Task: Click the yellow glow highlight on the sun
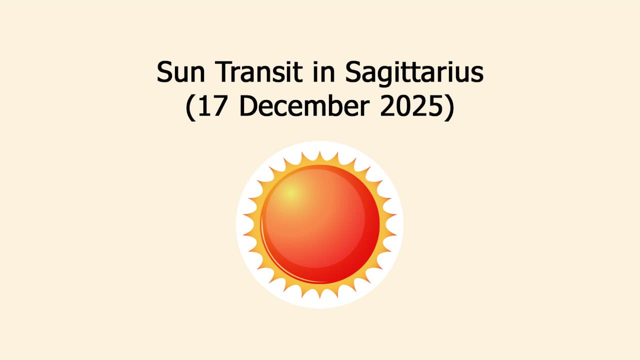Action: [x=291, y=192]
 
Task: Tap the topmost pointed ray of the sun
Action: [x=319, y=152]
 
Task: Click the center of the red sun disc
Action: [x=320, y=224]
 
